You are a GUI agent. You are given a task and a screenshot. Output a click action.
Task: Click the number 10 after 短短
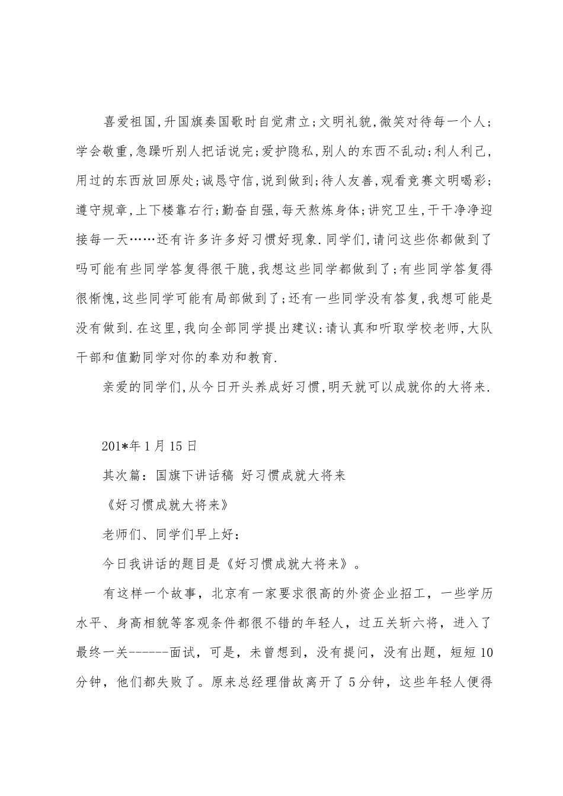[484, 653]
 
